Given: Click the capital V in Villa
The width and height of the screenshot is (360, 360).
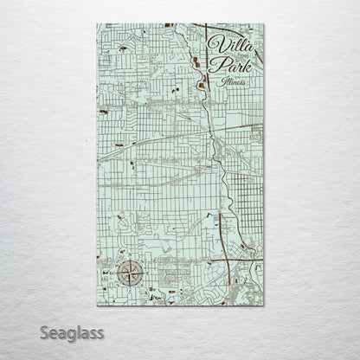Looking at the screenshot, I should pos(215,42).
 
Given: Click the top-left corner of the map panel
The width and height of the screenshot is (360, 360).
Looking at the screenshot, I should pos(97,24).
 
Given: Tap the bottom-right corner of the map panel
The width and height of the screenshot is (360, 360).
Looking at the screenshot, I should pos(264,305).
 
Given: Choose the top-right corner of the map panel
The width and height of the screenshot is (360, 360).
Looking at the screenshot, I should pos(264,24).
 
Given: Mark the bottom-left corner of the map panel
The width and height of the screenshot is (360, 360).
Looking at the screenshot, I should pos(97,305).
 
